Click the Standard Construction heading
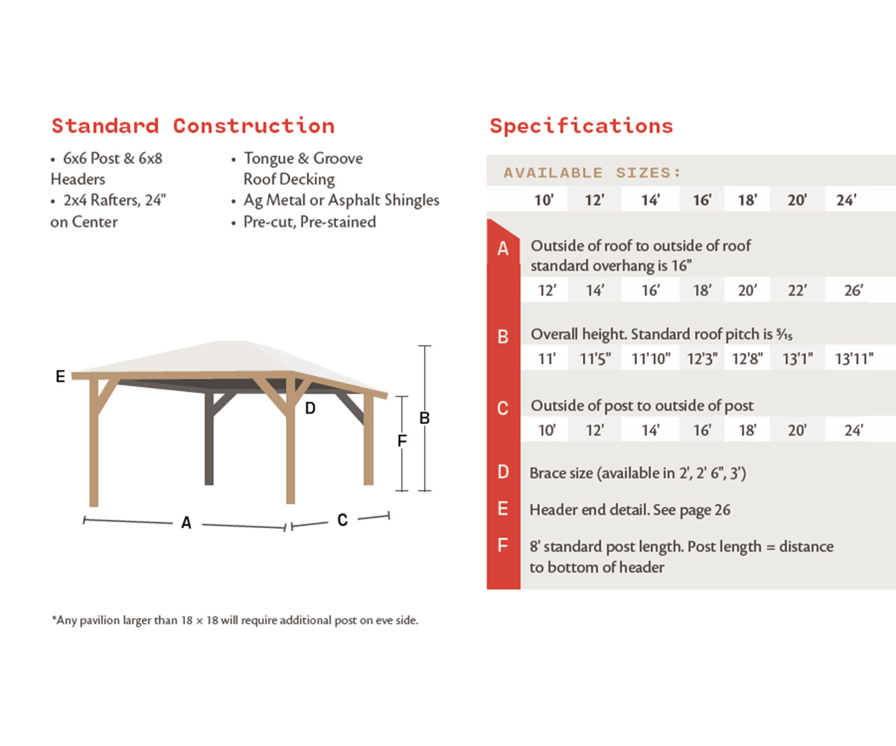[x=193, y=125]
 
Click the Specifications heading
[x=581, y=125]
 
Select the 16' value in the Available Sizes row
[x=702, y=201]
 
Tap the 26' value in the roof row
[x=853, y=291]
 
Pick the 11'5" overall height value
[x=595, y=359]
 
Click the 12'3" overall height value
[x=702, y=359]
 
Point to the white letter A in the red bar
[x=503, y=249]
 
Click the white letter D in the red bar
[x=503, y=472]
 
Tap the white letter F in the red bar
[x=503, y=546]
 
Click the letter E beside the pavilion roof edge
[x=60, y=377]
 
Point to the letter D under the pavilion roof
[x=310, y=408]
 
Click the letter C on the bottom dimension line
[x=342, y=520]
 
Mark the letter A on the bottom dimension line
[x=186, y=524]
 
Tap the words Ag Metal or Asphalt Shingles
[x=341, y=200]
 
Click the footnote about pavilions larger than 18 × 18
[x=234, y=620]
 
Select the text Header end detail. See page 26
[x=629, y=510]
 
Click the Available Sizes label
[x=592, y=173]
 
